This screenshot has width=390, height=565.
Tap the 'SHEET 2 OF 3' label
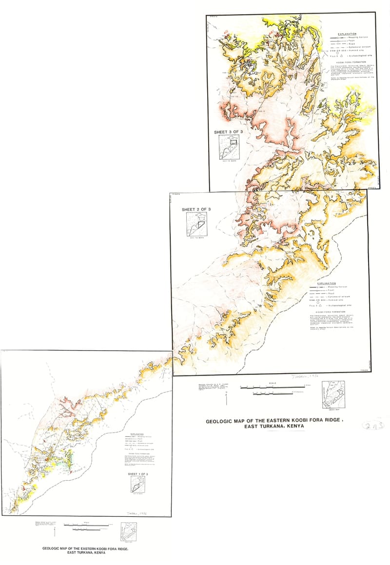(196, 209)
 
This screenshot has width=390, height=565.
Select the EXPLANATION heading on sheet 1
(137, 433)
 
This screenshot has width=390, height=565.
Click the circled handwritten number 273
(373, 425)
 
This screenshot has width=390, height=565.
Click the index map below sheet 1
(129, 531)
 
